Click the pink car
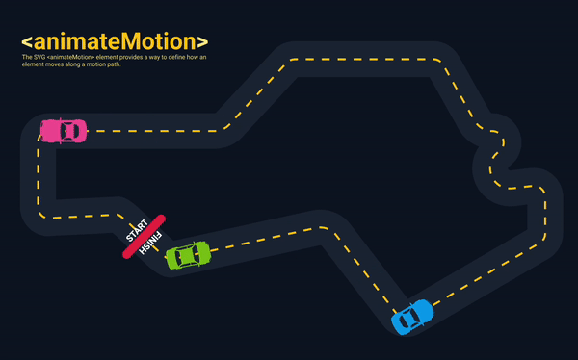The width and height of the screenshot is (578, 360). pyautogui.click(x=64, y=131)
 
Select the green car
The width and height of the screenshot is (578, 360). pyautogui.click(x=188, y=256)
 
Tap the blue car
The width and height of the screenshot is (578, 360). pyautogui.click(x=412, y=316)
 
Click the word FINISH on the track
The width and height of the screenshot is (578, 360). pyautogui.click(x=153, y=243)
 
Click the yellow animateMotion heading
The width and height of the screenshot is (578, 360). pyautogui.click(x=115, y=41)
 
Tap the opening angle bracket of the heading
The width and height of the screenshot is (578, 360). pyautogui.click(x=26, y=42)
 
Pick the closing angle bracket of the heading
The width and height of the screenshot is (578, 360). pyautogui.click(x=202, y=42)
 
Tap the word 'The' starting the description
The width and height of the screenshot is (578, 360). pyautogui.click(x=25, y=58)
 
